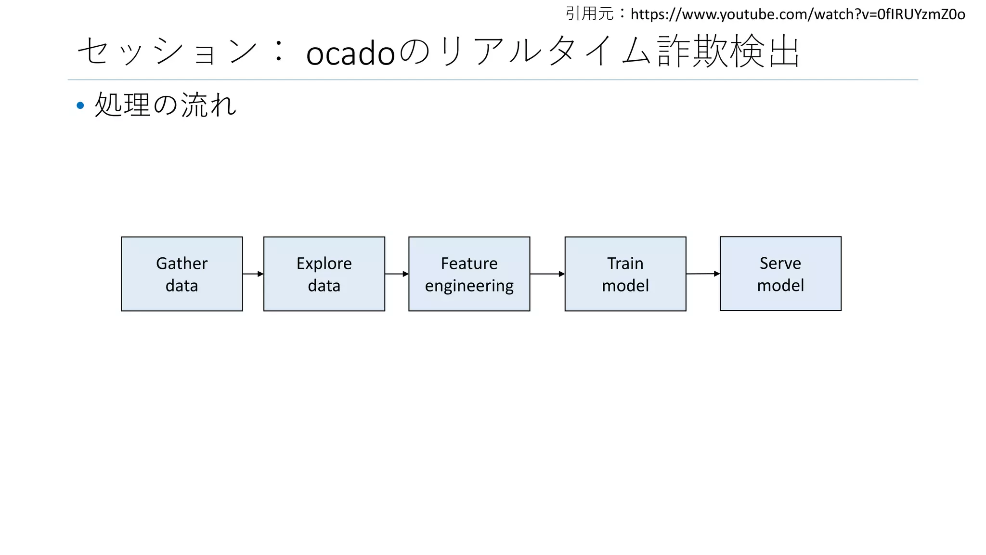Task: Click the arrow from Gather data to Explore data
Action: point(253,274)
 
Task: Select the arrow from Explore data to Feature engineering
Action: point(397,274)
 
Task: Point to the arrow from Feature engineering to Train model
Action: point(547,274)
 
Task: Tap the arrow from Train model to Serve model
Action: point(702,274)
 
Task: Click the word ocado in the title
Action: point(350,53)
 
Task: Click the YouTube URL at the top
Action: point(797,14)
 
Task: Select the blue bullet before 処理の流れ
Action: point(80,105)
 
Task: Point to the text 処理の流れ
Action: point(166,105)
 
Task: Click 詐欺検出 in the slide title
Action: point(728,51)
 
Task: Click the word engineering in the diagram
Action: point(469,286)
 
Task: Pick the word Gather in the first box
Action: point(182,264)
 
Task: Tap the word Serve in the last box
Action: point(780,263)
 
